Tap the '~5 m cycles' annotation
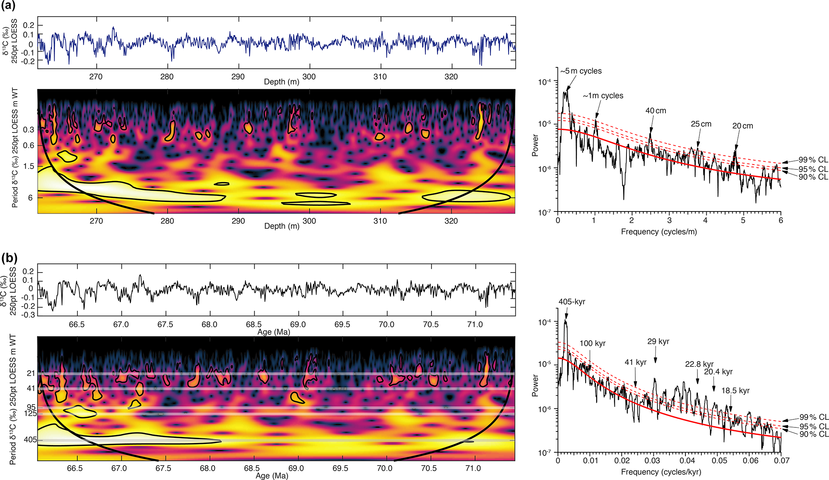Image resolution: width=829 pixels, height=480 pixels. pos(581,71)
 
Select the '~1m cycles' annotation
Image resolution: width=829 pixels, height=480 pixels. pos(603,96)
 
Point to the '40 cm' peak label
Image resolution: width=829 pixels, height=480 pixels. pos(655,111)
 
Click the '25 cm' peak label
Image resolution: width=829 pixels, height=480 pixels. pos(701,124)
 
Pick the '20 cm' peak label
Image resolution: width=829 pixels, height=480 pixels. pos(742,126)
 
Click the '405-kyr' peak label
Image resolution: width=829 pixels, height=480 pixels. pos(572,302)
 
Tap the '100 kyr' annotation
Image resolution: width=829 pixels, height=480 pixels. pos(592,344)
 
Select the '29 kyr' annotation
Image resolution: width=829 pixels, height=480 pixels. pos(658,342)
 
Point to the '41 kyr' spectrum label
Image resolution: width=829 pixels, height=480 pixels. pos(635,362)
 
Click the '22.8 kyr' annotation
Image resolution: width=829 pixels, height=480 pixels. pos(699,364)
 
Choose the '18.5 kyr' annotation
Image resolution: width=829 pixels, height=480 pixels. pos(735,391)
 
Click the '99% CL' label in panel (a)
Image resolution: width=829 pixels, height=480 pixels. pos(813,160)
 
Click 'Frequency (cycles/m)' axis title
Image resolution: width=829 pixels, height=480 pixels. pos(659,232)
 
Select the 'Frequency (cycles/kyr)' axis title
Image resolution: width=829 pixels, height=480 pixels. pos(661,472)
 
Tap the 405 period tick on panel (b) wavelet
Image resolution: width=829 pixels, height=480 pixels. pos(30,440)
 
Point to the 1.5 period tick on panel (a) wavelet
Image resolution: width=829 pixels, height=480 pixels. pos(28,166)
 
